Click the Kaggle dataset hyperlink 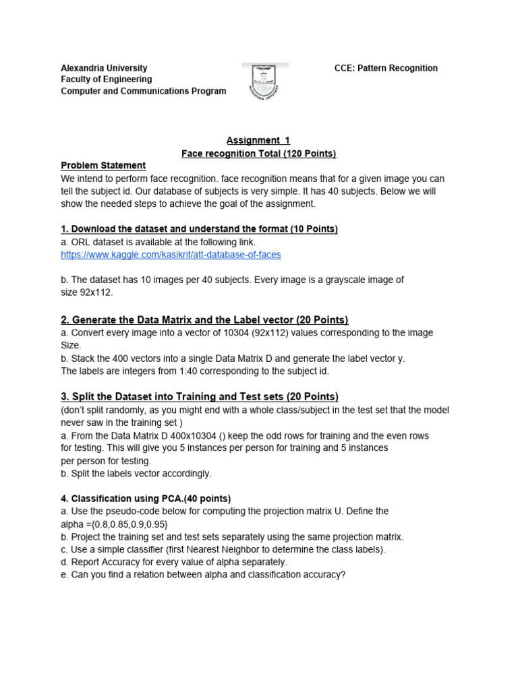pos(171,255)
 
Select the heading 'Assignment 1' pos(258,140)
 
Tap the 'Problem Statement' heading pos(103,166)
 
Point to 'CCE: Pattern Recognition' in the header pos(386,68)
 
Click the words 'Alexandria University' pos(104,68)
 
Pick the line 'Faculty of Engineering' pos(107,80)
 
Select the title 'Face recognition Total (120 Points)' pos(258,154)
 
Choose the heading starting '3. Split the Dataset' pos(200,396)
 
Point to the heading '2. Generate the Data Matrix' pos(204,319)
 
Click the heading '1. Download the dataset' pos(199,229)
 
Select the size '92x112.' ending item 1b pos(96,292)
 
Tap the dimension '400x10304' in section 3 pos(191,436)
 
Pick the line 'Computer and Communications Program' pos(144,91)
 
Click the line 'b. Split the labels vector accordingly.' pos(136,474)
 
